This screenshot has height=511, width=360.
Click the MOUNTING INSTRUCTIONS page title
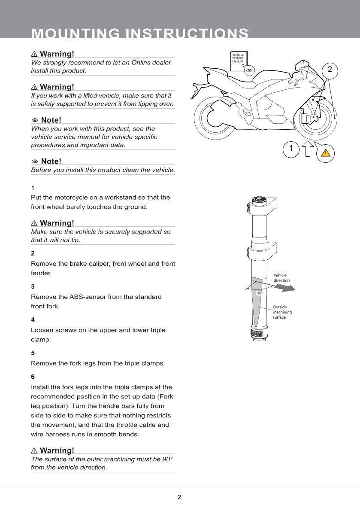pos(140,33)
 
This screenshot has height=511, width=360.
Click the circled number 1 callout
pos(291,149)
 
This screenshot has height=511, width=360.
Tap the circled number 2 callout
pos(330,69)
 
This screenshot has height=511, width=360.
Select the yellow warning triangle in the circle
pos(326,153)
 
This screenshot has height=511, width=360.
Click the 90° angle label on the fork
pos(260,293)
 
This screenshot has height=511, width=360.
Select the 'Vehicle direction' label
pos(281,278)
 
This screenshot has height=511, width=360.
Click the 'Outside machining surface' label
pos(282,312)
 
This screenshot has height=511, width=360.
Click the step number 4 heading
pos(33,320)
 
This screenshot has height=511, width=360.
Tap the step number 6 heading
pos(33,377)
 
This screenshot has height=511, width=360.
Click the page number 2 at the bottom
pos(179,497)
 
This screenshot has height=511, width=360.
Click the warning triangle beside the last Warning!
pos(34,450)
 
